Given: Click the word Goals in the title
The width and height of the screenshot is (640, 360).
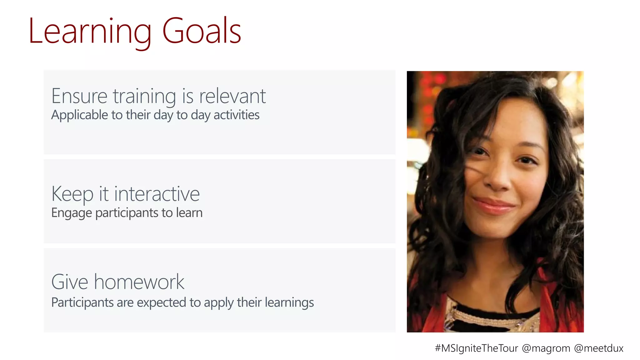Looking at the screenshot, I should coord(202,31).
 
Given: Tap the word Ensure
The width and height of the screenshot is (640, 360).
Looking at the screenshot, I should coord(79,96).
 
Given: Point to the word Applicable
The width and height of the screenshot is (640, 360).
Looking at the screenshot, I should coord(80,115).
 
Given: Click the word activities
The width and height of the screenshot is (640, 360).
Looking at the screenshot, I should coord(237,115).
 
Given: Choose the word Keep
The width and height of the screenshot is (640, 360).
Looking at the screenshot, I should coord(72,194).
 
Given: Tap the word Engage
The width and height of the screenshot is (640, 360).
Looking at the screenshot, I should coord(72,213).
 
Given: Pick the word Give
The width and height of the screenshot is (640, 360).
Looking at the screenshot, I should coord(70,282).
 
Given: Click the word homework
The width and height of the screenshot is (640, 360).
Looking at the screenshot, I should coord(139,282).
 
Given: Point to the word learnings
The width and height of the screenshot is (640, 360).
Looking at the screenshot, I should coord(289,303).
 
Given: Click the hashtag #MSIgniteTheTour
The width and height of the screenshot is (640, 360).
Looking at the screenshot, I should coord(477,348).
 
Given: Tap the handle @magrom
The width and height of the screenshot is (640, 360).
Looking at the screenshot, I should coord(546,348).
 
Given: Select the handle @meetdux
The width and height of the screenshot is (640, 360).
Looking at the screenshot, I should coord(599,348).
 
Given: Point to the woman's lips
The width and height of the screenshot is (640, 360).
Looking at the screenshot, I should coord(494,206).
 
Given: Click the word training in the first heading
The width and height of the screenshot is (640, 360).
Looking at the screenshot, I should coord(144,96).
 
